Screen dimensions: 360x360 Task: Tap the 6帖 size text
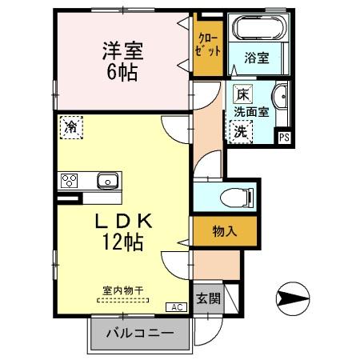122,73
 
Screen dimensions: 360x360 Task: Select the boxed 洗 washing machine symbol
239,134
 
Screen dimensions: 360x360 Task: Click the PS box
283,138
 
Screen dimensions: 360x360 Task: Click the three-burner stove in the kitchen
67,180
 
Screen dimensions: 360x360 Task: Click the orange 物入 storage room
224,230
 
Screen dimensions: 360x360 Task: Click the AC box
174,307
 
